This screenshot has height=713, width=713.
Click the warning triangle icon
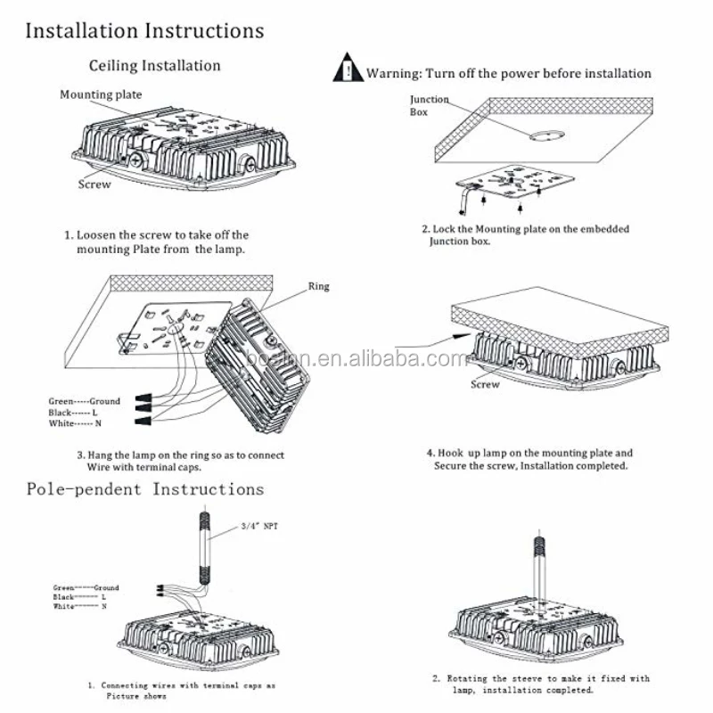[x=348, y=70]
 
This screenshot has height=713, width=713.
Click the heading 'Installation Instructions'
[x=144, y=30]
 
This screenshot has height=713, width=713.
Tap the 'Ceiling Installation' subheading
[x=154, y=65]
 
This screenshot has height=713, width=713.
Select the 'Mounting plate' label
[x=100, y=94]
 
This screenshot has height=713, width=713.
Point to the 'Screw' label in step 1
[x=94, y=184]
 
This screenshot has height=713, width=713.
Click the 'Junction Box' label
[x=429, y=106]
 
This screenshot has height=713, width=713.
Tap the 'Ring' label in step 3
[x=318, y=287]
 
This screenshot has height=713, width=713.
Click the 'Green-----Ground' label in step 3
[x=84, y=402]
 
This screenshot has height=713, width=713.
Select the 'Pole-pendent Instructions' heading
[x=144, y=489]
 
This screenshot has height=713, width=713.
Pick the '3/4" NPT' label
[x=259, y=527]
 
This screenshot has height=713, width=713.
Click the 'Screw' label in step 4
[x=485, y=384]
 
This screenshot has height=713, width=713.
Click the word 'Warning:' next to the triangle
[x=393, y=73]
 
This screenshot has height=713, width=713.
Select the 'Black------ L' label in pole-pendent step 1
[x=80, y=596]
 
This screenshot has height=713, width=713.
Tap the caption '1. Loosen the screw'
[x=157, y=235]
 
